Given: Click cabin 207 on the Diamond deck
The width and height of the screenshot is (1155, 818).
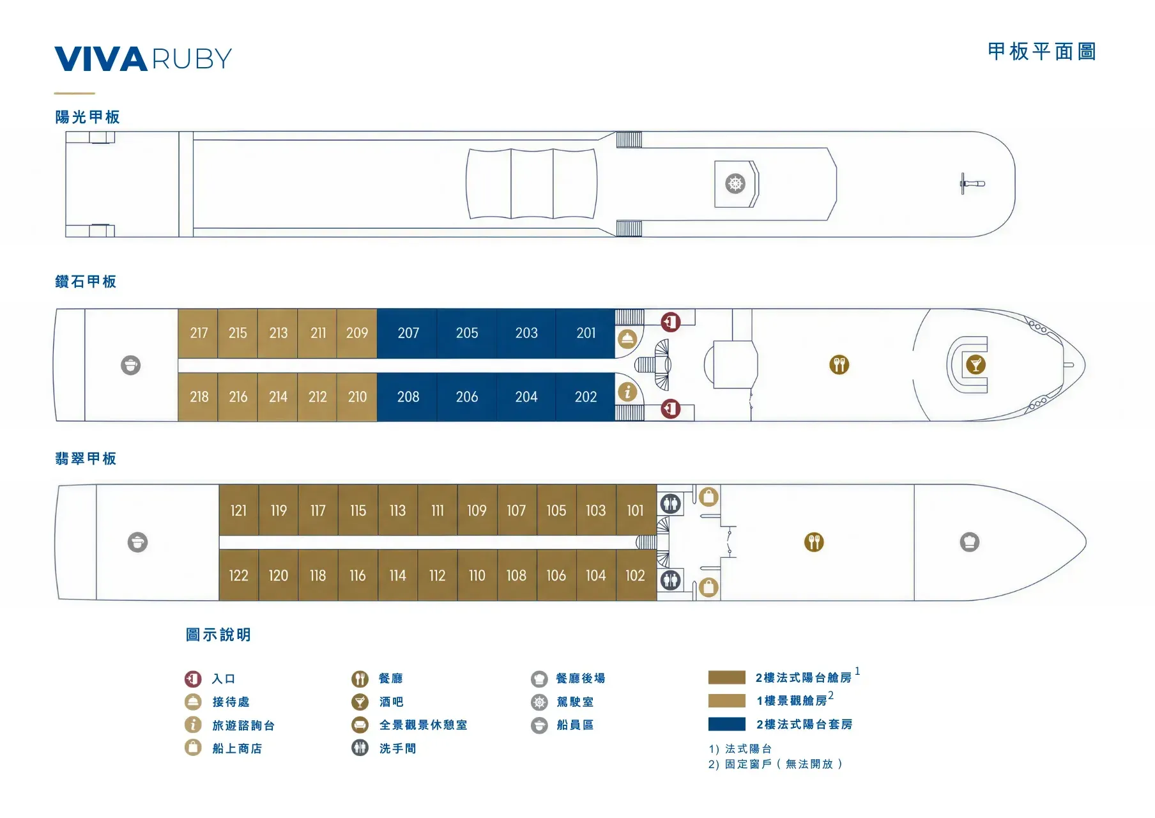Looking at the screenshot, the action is tap(408, 333).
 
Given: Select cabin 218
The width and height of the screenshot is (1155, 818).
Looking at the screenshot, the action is tap(198, 397).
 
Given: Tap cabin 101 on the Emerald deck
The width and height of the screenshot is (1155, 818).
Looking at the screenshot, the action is tap(636, 511).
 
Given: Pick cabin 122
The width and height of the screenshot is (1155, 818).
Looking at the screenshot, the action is tap(238, 575).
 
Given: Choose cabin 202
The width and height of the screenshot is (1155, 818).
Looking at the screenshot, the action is tap(585, 397).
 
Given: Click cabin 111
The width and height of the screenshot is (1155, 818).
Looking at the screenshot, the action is tap(438, 511).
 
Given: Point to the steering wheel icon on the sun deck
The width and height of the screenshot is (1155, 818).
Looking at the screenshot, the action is tap(735, 184).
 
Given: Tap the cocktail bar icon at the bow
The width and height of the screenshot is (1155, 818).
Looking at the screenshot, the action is tap(975, 364).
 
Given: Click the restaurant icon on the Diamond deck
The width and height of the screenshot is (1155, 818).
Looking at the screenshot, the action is tap(839, 365).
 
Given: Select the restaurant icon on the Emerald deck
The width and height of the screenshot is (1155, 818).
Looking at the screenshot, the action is tap(814, 543).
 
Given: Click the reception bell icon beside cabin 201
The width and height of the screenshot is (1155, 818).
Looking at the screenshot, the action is tap(627, 339).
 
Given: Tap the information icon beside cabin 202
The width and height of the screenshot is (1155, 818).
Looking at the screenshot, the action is tap(627, 392).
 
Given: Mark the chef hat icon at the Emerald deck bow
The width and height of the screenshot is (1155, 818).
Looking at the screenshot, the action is tap(970, 543).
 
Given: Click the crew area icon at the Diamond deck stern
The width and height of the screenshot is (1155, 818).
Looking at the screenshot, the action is tap(131, 366).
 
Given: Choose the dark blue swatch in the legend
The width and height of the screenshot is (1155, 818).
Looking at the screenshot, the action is tap(727, 724).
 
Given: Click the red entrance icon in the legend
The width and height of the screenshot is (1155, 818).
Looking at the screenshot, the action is tap(193, 679).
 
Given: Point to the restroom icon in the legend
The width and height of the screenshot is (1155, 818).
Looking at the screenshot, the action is tap(360, 748).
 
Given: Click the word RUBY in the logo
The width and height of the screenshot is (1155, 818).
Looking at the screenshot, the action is tap(192, 59).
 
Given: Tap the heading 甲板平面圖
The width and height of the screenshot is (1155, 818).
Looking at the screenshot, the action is tap(1042, 52).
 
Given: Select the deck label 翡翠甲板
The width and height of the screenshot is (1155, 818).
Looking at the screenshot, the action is tap(86, 459).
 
